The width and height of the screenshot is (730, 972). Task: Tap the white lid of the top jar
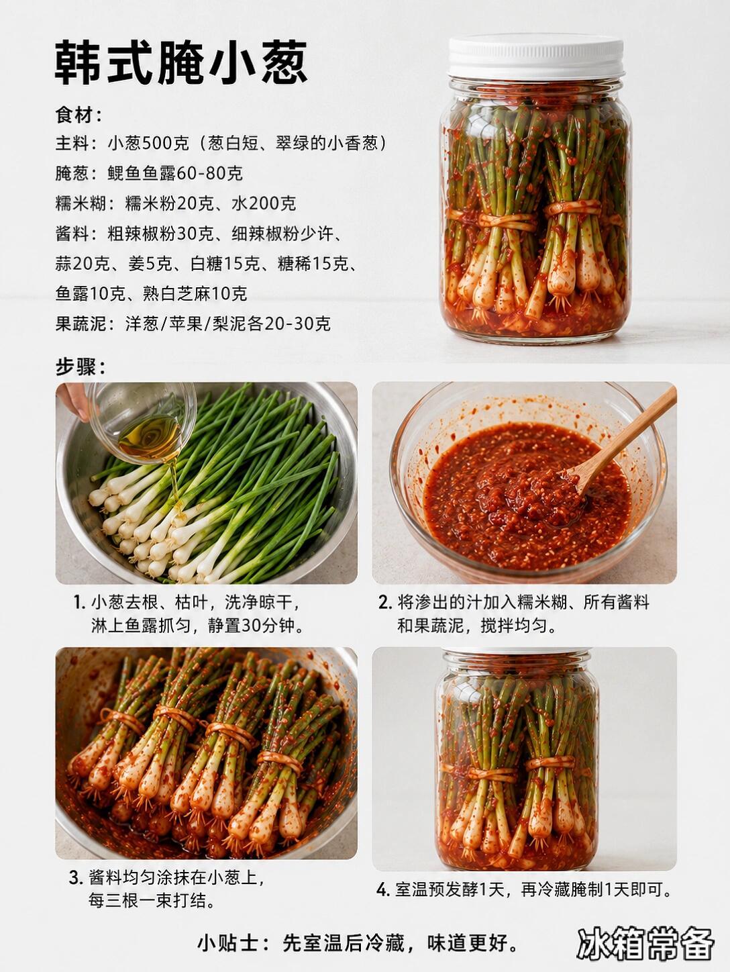536,56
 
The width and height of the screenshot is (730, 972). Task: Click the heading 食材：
79,115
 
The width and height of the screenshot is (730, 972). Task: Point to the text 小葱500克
148,144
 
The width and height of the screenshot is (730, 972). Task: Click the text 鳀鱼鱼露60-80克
175,174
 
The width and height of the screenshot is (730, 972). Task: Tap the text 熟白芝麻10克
195,293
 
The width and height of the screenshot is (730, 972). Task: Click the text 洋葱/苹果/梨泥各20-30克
228,324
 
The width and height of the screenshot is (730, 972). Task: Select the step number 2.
384,603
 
